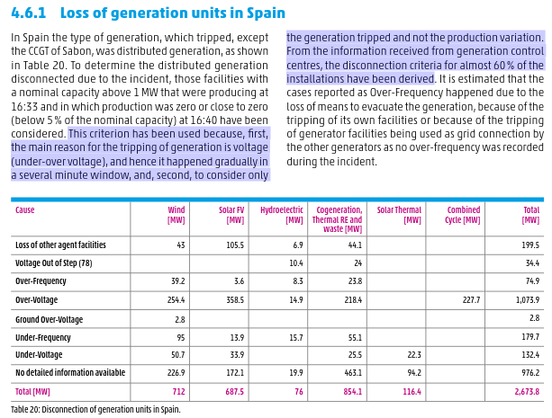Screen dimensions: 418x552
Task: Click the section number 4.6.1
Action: click(x=33, y=13)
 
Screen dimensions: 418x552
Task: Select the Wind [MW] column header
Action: click(x=176, y=215)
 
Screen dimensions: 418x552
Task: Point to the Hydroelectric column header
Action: click(x=283, y=215)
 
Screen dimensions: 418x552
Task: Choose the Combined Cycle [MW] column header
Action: click(x=464, y=215)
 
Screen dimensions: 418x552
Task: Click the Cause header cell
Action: click(x=25, y=210)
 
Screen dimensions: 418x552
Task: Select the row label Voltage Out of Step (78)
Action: click(x=54, y=263)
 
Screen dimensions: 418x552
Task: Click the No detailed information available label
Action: click(x=70, y=372)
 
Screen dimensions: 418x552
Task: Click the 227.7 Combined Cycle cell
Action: click(x=471, y=300)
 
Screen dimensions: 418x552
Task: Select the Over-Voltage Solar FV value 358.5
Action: click(x=235, y=300)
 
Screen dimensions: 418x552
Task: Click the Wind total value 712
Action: click(x=177, y=392)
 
